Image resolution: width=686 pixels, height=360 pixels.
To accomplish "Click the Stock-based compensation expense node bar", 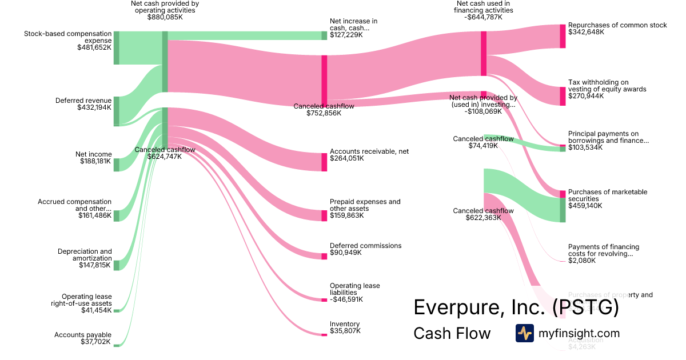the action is pyautogui.click(x=116, y=48).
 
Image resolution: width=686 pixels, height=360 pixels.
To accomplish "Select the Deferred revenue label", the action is pyautogui.click(x=83, y=101).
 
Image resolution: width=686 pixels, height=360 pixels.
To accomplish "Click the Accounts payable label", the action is pyautogui.click(x=83, y=335).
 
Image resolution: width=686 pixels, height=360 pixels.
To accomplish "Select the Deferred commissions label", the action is pyautogui.click(x=365, y=246).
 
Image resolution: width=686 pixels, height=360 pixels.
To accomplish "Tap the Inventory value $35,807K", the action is pyautogui.click(x=345, y=331).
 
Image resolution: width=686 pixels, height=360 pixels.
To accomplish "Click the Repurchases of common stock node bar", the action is pyautogui.click(x=563, y=36).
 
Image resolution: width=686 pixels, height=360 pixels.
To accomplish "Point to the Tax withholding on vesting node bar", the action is pyautogui.click(x=563, y=96).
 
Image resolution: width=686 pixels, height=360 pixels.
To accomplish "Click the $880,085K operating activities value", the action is pyautogui.click(x=165, y=18).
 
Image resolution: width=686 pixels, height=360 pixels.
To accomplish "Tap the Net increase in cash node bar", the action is pyautogui.click(x=324, y=35).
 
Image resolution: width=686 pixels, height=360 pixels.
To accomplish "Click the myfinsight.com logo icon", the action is pyautogui.click(x=524, y=333).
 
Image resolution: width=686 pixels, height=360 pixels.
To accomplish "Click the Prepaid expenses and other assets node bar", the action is pyautogui.click(x=324, y=215).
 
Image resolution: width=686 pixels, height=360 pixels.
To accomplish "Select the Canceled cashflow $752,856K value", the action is pyautogui.click(x=324, y=113).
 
